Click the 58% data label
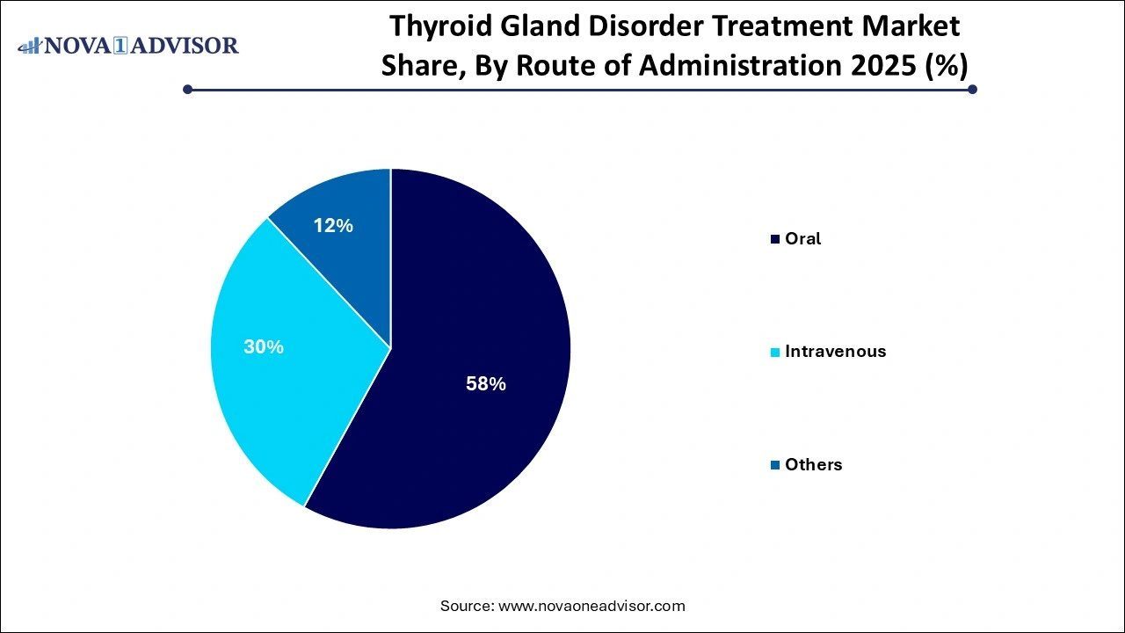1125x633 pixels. (x=485, y=383)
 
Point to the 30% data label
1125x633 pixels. (x=264, y=347)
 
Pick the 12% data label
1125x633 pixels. (x=333, y=226)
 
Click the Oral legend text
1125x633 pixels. (x=802, y=238)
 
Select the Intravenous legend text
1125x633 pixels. (x=835, y=352)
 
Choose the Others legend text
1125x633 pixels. (x=813, y=465)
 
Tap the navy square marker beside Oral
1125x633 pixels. (x=774, y=239)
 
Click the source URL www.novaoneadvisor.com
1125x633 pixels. (x=591, y=606)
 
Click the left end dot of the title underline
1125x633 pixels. (x=187, y=89)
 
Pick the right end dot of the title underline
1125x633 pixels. (x=972, y=89)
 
